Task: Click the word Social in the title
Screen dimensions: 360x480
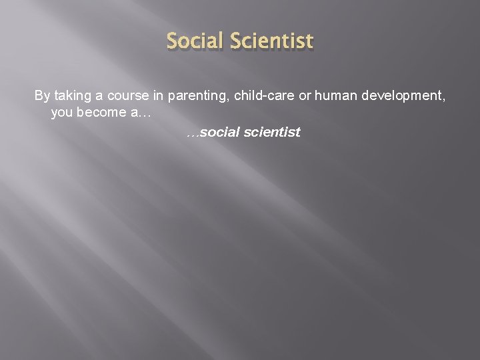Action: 197,41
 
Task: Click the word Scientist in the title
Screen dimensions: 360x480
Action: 272,41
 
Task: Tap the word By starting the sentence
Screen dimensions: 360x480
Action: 42,96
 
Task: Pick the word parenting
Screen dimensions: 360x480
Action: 195,96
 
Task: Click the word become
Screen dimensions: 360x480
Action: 101,113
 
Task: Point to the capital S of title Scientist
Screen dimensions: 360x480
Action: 237,41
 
